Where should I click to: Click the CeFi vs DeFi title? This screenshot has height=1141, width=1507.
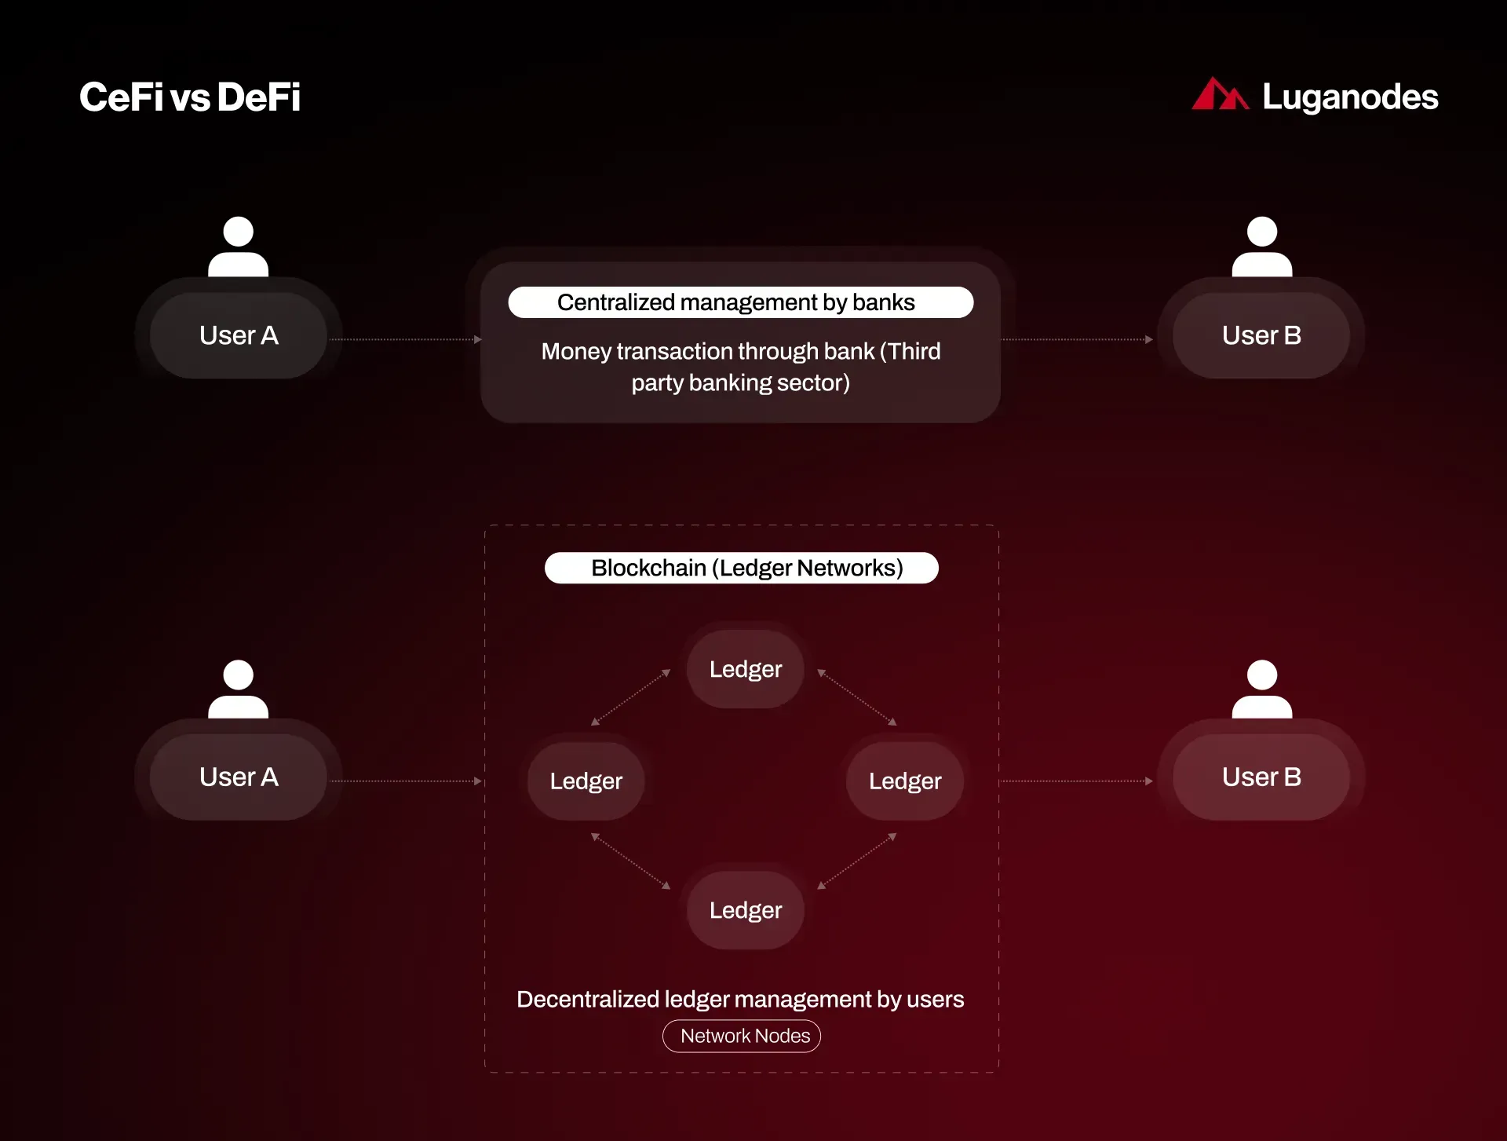pyautogui.click(x=190, y=97)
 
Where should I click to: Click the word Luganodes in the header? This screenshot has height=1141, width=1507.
pyautogui.click(x=1350, y=97)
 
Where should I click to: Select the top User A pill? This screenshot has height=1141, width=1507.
pyautogui.click(x=239, y=335)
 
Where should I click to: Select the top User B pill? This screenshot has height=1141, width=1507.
pyautogui.click(x=1261, y=335)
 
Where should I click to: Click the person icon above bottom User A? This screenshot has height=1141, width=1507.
pyautogui.click(x=239, y=689)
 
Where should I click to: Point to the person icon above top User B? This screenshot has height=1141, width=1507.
pyautogui.click(x=1261, y=247)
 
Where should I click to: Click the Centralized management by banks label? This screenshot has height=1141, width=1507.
pyautogui.click(x=741, y=302)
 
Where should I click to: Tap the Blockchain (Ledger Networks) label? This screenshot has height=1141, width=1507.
pyautogui.click(x=742, y=568)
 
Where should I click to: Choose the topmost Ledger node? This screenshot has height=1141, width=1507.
pyautogui.click(x=746, y=669)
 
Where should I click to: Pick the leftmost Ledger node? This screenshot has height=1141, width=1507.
pyautogui.click(x=586, y=781)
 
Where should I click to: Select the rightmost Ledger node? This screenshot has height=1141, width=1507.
pyautogui.click(x=905, y=781)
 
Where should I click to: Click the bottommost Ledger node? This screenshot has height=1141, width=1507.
pyautogui.click(x=746, y=910)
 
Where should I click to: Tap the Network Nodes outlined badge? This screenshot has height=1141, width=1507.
pyautogui.click(x=742, y=1036)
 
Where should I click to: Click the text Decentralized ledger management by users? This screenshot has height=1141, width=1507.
pyautogui.click(x=740, y=999)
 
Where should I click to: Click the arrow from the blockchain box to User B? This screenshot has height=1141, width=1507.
pyautogui.click(x=1077, y=781)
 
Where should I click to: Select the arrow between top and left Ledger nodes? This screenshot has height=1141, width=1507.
pyautogui.click(x=631, y=697)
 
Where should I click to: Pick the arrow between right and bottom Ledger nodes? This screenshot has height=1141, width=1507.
pyautogui.click(x=857, y=861)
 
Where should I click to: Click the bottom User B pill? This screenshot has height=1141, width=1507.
pyautogui.click(x=1261, y=777)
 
